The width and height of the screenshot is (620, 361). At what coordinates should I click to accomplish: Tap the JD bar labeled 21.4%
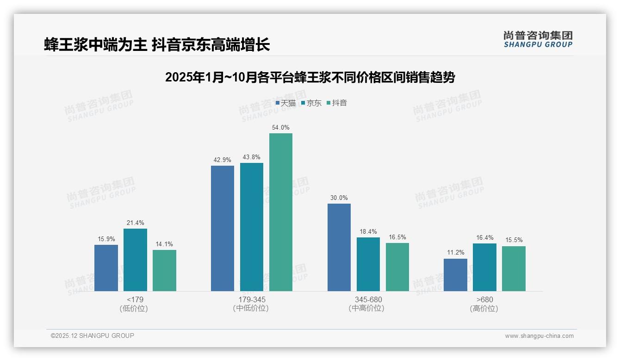click(135, 260)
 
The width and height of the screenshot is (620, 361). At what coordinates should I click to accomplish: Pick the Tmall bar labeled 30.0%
click(339, 247)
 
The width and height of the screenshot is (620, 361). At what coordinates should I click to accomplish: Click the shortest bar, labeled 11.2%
click(455, 275)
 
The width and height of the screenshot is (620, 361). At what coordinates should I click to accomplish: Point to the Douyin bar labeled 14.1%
click(164, 270)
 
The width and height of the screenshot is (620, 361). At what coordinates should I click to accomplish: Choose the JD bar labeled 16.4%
click(484, 267)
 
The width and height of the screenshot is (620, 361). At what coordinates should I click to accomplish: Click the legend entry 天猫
click(285, 103)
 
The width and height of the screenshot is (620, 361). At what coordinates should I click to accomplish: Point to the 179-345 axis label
click(252, 300)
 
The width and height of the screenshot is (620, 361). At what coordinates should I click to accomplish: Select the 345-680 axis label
click(368, 300)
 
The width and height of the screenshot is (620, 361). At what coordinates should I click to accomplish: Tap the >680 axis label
click(484, 300)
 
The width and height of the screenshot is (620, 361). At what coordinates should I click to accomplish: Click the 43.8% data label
click(252, 157)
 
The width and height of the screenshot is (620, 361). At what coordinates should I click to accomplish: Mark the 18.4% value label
click(368, 231)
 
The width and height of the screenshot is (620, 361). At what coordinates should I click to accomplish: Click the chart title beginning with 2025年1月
click(310, 77)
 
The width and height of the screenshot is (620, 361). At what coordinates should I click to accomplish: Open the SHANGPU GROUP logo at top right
click(538, 39)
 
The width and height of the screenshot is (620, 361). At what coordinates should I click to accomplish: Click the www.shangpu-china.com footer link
click(539, 336)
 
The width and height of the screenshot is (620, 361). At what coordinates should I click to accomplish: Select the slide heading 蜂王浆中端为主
click(157, 45)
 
